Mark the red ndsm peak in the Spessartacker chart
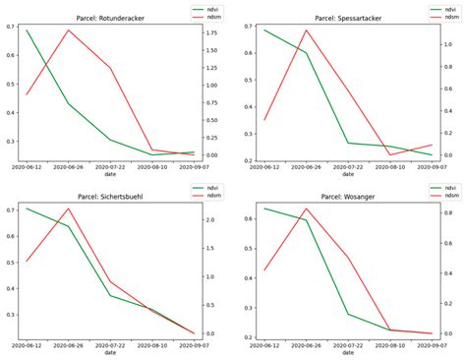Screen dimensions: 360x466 307,30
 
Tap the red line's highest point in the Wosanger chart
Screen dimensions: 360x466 307,209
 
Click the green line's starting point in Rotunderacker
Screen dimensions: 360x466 27,30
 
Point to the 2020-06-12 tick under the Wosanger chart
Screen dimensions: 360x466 265,346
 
